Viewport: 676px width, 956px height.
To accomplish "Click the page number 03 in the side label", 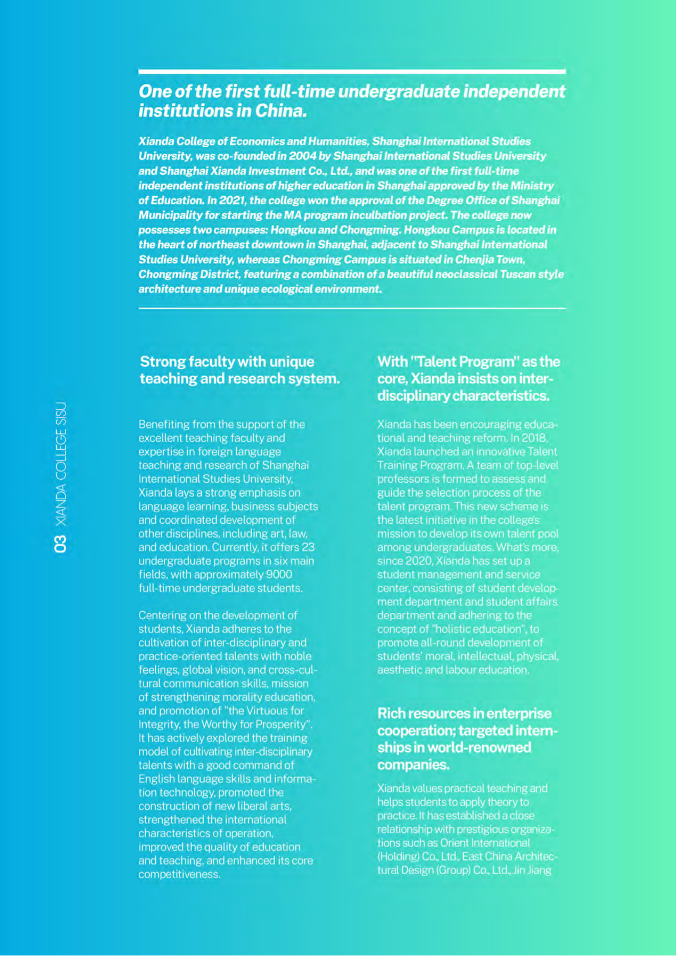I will [x=60, y=544].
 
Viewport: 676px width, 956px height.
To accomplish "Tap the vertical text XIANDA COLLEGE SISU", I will [x=60, y=464].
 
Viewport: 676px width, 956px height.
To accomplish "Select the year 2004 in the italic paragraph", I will [x=302, y=156].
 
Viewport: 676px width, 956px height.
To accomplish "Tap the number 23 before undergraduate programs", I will [x=308, y=547].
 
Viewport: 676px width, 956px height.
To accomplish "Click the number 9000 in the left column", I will [x=279, y=574].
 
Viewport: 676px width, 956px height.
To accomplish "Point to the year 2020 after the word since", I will [x=419, y=561].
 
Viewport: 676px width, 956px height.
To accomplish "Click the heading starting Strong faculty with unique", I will [x=239, y=370].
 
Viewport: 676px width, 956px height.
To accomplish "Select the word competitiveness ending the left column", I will [x=179, y=874].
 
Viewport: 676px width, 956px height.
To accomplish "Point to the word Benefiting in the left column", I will [x=163, y=425].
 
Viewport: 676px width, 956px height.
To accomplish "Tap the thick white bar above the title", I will [x=352, y=72].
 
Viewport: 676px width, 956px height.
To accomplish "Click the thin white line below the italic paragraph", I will [x=352, y=308].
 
